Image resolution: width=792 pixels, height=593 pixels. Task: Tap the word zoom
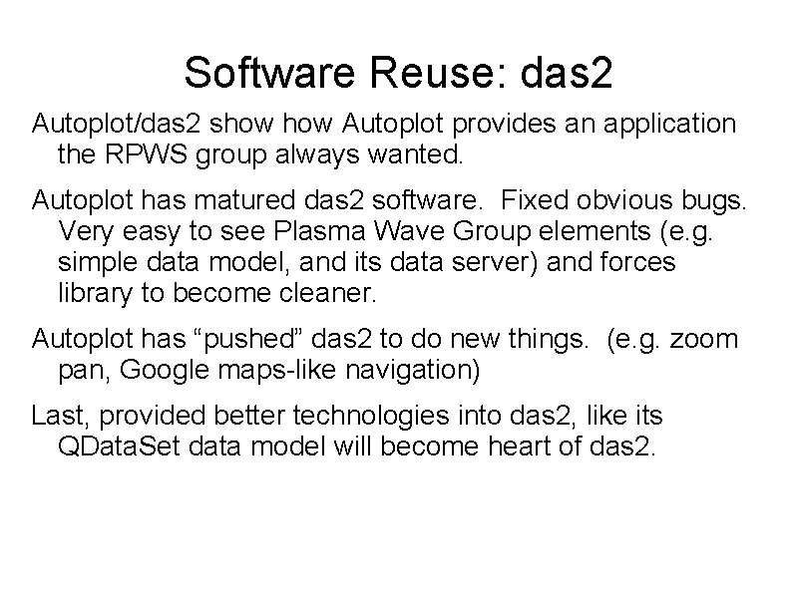click(x=704, y=340)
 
